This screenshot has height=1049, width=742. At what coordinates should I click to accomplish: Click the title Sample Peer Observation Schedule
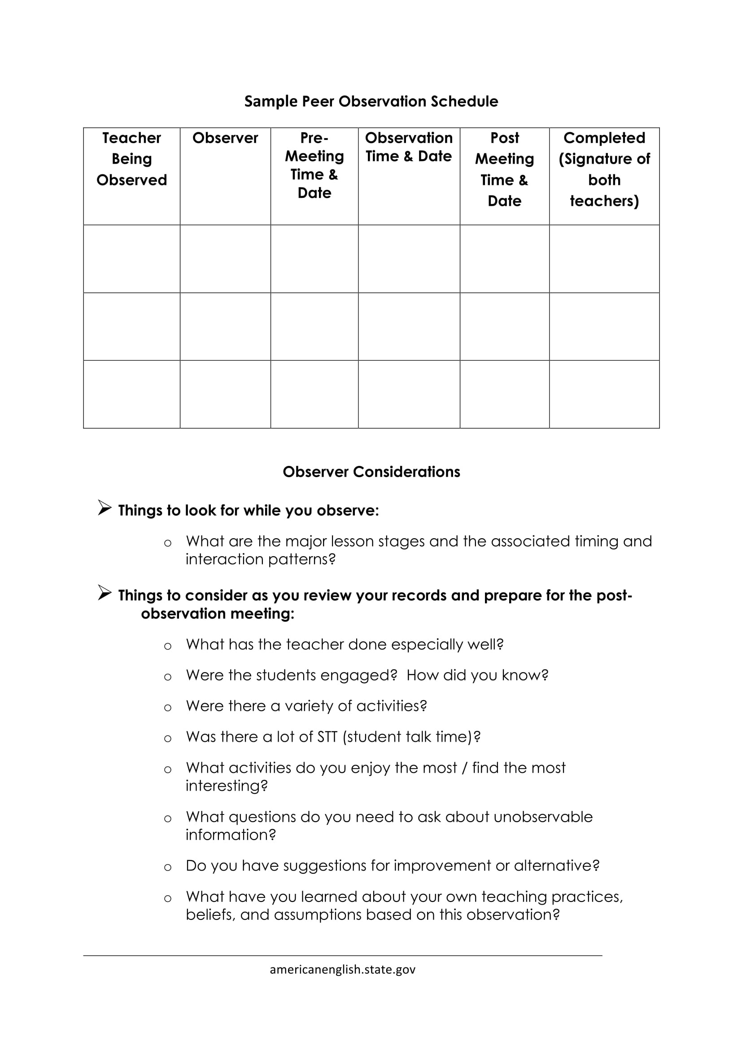click(371, 101)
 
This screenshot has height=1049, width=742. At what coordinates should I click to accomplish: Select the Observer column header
click(225, 138)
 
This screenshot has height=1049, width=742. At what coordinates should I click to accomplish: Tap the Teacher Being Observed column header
click(131, 158)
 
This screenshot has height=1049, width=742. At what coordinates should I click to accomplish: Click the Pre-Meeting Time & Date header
click(314, 165)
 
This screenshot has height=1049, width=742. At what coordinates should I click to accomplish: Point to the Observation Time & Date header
click(409, 147)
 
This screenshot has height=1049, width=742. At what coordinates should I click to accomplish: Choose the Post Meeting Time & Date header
click(504, 169)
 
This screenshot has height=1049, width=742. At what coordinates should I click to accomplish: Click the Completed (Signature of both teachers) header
click(604, 169)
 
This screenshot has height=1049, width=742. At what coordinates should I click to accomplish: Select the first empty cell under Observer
click(225, 259)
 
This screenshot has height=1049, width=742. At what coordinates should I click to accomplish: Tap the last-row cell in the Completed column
click(604, 394)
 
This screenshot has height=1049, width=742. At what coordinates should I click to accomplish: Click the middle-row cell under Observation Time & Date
click(409, 326)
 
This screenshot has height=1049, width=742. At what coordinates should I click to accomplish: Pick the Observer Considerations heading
click(371, 472)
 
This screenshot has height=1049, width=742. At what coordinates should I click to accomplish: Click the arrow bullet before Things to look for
click(104, 508)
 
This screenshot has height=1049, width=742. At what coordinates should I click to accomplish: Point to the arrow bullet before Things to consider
click(104, 593)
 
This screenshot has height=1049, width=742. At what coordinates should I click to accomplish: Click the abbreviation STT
click(327, 737)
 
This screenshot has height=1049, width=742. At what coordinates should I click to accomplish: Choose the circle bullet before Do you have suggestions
click(168, 868)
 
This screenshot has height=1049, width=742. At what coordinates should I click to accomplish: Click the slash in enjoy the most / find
click(464, 768)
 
